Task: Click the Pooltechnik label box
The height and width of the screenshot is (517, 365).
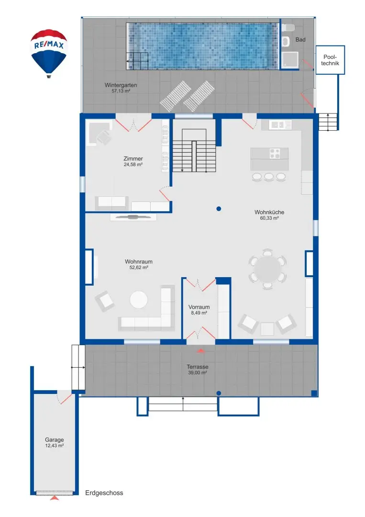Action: coord(330,59)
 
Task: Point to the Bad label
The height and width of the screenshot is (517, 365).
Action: coord(300,40)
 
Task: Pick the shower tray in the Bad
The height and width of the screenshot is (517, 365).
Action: coord(290,59)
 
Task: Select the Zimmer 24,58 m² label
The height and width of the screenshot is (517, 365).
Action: coord(133,161)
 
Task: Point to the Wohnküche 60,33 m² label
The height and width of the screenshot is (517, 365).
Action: coord(266,214)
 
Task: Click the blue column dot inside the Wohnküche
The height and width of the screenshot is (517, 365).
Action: coord(219,208)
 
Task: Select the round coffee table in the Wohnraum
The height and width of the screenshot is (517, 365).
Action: coord(139,300)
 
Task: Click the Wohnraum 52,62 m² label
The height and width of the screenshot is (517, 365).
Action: coord(139,265)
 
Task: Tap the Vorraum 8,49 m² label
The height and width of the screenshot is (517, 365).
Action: coord(199,310)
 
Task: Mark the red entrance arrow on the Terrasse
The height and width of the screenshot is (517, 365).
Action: coord(200,351)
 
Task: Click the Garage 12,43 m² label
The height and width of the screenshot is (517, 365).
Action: coord(54,442)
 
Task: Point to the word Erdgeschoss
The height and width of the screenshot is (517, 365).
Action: coord(104,493)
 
